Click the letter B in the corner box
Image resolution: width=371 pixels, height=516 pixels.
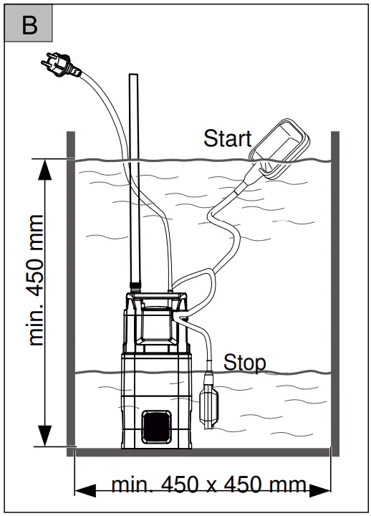click(29, 27)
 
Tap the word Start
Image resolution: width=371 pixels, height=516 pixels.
click(227, 138)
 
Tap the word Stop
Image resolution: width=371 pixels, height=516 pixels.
click(244, 362)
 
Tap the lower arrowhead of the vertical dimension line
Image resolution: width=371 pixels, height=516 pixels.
click(45, 435)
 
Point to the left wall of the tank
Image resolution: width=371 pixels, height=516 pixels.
click(71, 287)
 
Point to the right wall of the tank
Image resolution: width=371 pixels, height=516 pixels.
click(334, 287)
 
